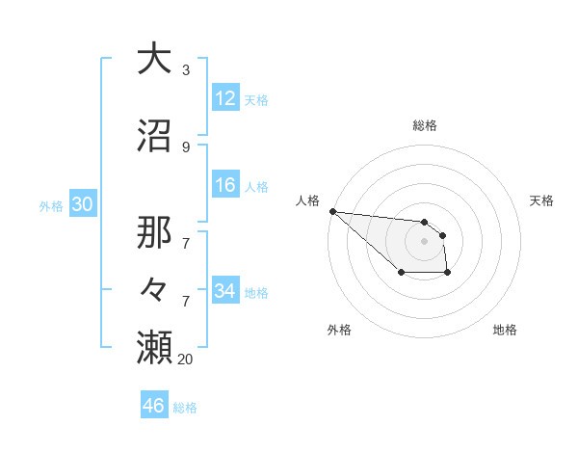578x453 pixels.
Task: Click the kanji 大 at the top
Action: point(154,59)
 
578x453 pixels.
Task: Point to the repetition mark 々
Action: point(154,290)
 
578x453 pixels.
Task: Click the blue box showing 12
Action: point(225,98)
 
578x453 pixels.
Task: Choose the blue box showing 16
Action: point(225,185)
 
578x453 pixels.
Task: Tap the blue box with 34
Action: point(225,291)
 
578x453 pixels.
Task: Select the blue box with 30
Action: point(82,204)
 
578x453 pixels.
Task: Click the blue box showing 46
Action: point(154,406)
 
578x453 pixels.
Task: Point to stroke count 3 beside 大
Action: point(186,70)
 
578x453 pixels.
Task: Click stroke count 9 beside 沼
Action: point(186,147)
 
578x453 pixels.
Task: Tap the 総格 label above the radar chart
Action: point(425,125)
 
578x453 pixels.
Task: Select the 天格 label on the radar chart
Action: point(542,200)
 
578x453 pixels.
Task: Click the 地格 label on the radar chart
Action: point(505,330)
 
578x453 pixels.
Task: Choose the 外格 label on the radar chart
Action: point(339,330)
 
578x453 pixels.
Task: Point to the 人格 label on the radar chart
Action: point(307,200)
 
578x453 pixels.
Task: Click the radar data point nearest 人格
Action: point(332,211)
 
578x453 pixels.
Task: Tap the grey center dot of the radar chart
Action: point(424,241)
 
